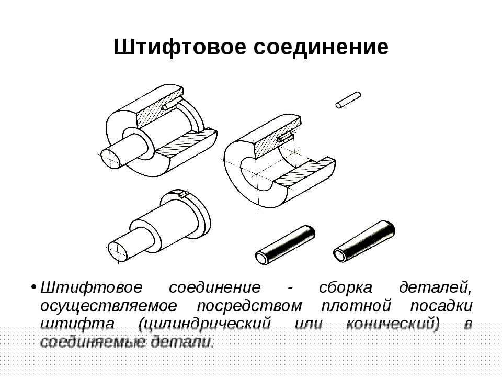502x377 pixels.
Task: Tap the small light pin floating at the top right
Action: pyautogui.click(x=348, y=99)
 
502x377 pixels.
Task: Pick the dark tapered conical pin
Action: pyautogui.click(x=364, y=241)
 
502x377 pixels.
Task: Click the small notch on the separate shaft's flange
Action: pyautogui.click(x=184, y=195)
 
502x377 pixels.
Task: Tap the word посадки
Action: pyautogui.click(x=441, y=306)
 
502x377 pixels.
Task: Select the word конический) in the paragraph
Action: pyautogui.click(x=393, y=324)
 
